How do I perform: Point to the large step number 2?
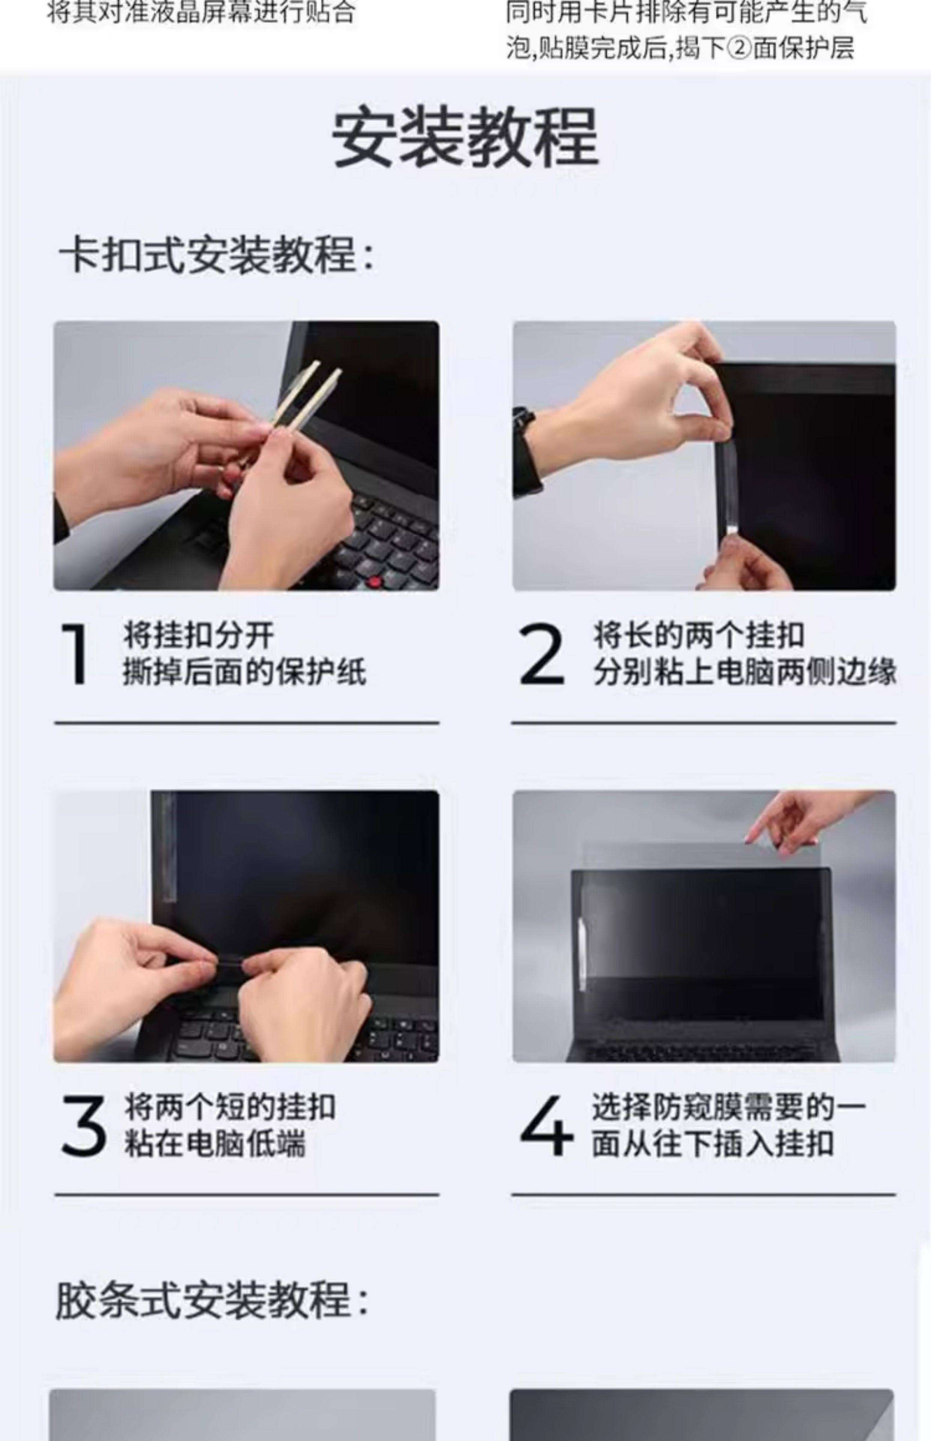[541, 654]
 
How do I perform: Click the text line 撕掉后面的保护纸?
[245, 672]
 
